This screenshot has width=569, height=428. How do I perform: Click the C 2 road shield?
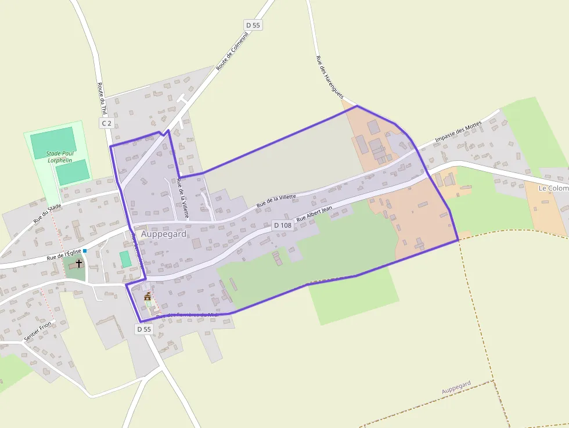pyautogui.click(x=106, y=123)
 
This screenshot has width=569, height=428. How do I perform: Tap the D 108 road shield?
pyautogui.click(x=282, y=225)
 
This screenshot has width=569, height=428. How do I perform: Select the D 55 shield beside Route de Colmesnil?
pyautogui.click(x=253, y=25)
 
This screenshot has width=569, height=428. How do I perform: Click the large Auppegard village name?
pyautogui.click(x=164, y=234)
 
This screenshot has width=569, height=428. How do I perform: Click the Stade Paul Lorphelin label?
pyautogui.click(x=60, y=157)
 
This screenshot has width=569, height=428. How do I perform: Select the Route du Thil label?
pyautogui.click(x=102, y=99)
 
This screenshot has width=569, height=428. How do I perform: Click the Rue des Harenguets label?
pyautogui.click(x=330, y=76)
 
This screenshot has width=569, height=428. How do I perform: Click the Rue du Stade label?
pyautogui.click(x=47, y=213)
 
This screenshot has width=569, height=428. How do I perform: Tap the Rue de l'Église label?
pyautogui.click(x=64, y=254)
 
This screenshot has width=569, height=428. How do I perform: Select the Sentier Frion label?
pyautogui.click(x=38, y=331)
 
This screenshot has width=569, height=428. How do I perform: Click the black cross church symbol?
pyautogui.click(x=79, y=263)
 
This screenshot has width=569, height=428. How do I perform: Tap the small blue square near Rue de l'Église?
pyautogui.click(x=85, y=251)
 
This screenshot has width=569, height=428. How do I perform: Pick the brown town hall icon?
pyautogui.click(x=147, y=296)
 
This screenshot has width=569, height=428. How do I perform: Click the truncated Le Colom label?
pyautogui.click(x=553, y=188)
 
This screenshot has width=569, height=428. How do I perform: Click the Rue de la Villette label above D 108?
pyautogui.click(x=276, y=200)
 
